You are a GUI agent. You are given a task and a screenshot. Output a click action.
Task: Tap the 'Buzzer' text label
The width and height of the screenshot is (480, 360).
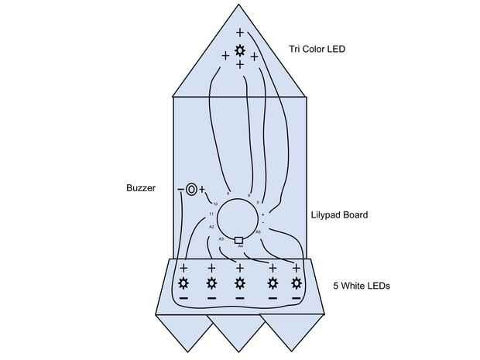140,188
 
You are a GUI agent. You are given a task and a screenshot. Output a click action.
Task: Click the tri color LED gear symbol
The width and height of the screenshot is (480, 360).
240,51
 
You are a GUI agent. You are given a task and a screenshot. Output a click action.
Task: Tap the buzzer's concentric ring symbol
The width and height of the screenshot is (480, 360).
191,188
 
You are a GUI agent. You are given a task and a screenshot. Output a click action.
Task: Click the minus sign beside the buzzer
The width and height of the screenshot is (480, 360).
180,189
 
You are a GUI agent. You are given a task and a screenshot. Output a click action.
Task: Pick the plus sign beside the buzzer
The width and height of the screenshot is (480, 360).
202,188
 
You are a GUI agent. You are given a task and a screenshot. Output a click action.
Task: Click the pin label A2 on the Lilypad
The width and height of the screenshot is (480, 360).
211,227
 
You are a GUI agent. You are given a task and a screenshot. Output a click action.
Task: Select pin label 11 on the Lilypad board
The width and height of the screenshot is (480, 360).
211,213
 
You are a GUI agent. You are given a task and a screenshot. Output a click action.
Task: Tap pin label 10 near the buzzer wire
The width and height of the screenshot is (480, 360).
215,204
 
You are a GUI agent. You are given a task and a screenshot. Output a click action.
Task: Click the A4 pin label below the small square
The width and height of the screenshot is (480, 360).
240,246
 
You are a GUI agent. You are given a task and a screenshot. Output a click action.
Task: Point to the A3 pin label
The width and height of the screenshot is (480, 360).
221,239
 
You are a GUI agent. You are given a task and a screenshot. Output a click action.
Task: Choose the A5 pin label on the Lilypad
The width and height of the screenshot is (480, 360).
258,231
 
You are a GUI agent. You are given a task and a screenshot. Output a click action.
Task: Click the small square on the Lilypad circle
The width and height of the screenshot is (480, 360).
239,239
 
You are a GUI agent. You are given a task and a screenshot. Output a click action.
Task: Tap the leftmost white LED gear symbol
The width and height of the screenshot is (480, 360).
183,283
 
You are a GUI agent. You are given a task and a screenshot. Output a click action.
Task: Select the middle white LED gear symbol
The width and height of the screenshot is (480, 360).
240,283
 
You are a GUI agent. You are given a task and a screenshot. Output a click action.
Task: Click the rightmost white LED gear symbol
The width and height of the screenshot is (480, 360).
296,283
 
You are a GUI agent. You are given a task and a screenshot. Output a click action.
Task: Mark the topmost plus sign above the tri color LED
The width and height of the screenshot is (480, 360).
240,33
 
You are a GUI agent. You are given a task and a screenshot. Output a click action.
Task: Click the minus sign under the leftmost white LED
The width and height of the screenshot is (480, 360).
183,298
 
